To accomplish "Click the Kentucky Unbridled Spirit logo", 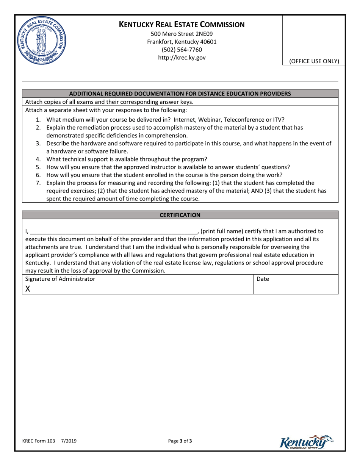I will [306, 442].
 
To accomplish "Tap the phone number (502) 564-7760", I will [182, 50].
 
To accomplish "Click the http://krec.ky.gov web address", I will [182, 58].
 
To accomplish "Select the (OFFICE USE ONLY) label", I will [314, 61].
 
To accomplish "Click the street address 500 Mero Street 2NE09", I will [182, 34].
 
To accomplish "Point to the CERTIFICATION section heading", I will [180, 215].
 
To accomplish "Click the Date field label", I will [263, 279].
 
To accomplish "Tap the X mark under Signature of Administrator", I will [28, 289].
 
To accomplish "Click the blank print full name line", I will [114, 231].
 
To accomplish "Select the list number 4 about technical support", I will [38, 159].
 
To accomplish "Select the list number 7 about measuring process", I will [38, 183].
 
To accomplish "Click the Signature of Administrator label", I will [60, 279].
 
